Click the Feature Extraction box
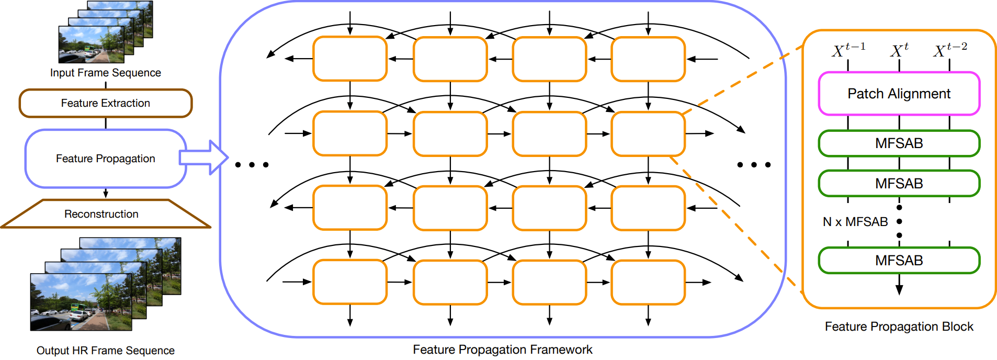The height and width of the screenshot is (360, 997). pos(106,103)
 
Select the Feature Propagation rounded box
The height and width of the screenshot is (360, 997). pos(105,159)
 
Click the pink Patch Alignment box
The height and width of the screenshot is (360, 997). pos(899,94)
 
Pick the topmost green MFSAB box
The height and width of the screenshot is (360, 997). pos(899,143)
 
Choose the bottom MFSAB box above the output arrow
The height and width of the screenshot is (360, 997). pos(899,260)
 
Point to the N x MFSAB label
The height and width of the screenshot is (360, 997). pos(855,222)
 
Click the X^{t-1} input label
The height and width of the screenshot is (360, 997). pos(848,50)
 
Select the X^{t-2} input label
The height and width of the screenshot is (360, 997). pos(950,50)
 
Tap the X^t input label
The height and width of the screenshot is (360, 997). pos(899,50)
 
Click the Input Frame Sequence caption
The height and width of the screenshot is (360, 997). pos(106,73)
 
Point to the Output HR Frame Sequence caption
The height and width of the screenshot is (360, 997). pos(106,351)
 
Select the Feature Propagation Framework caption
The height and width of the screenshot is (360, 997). pos(503,350)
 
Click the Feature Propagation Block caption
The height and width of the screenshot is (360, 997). pos(899,327)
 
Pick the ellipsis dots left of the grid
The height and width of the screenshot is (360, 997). pos(252,165)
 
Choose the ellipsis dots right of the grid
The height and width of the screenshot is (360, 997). pos(754,165)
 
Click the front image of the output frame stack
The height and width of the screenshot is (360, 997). pos(81,302)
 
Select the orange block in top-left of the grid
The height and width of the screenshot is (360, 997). pos(350,59)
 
